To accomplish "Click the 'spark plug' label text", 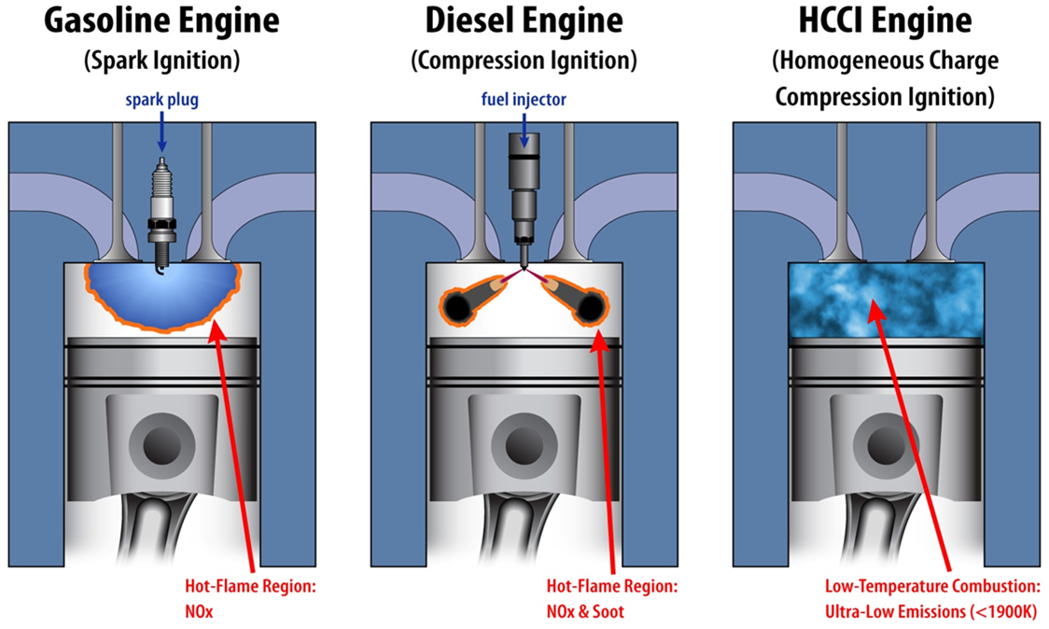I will [161, 99].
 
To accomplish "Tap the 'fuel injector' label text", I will [524, 99].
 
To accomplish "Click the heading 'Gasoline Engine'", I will [161, 21].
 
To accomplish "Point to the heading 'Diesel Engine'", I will [524, 21].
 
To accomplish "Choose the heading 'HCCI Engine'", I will [885, 21].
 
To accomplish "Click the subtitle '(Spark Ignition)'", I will [161, 62].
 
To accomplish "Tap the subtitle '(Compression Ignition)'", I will [524, 62].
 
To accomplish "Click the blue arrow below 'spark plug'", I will [161, 131].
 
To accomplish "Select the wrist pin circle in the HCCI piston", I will [886, 446].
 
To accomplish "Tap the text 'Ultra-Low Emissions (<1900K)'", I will [930, 611].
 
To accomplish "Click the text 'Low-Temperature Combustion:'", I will [930, 588].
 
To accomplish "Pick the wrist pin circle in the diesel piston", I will [524, 446].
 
